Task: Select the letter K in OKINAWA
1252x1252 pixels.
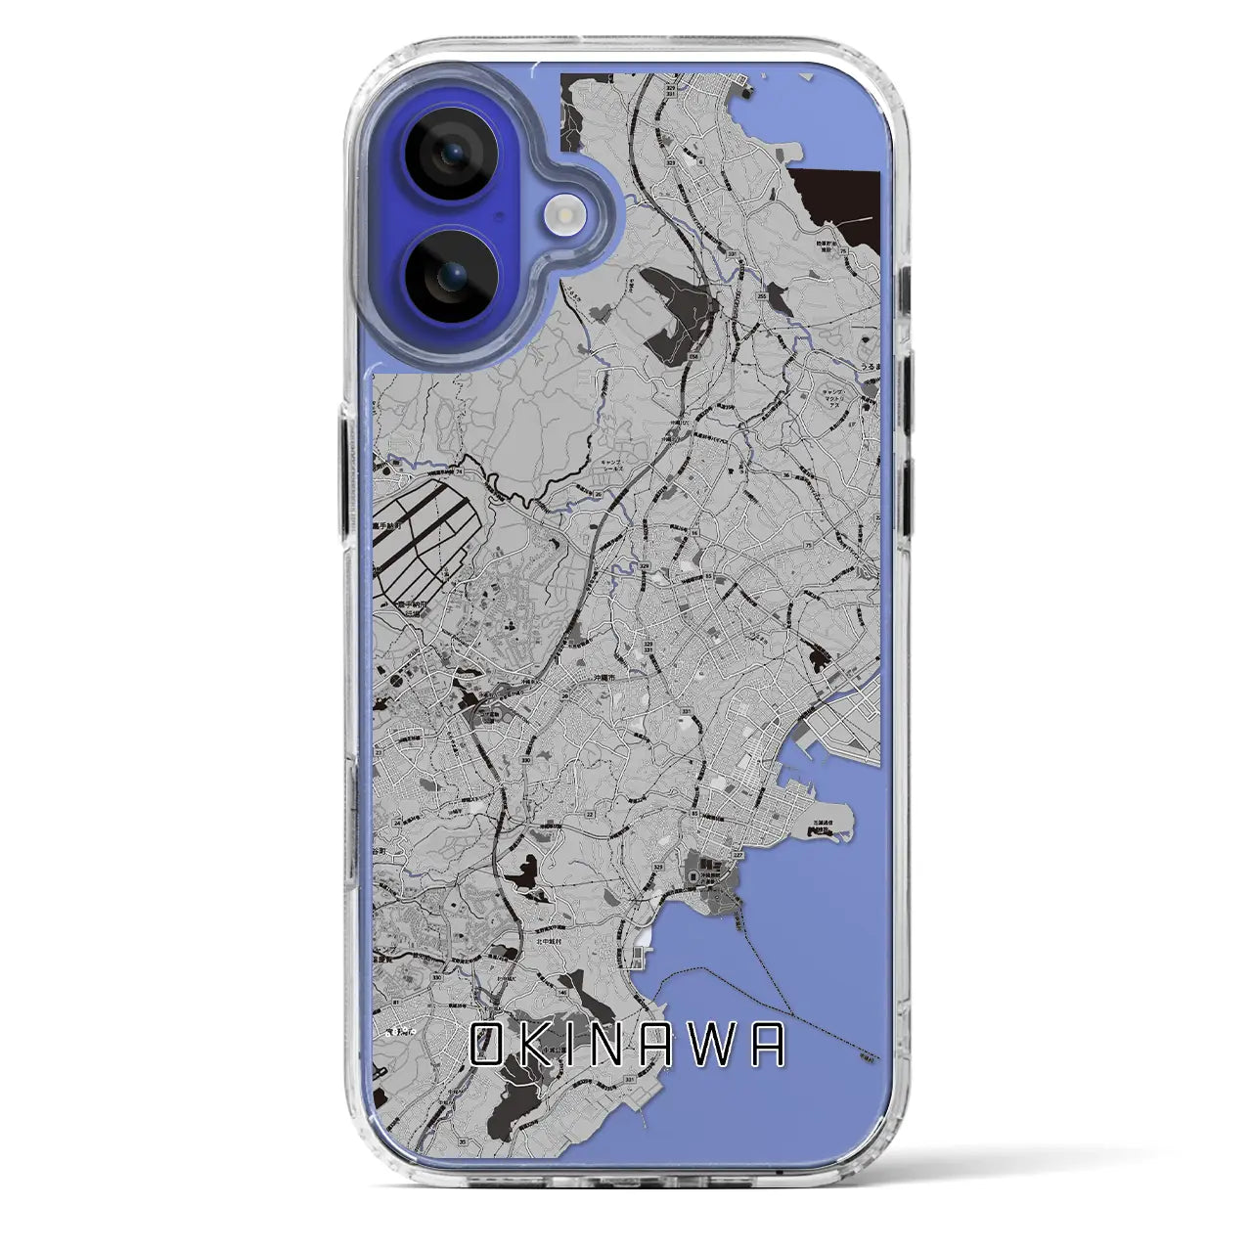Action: click(535, 1046)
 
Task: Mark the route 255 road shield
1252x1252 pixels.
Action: click(761, 294)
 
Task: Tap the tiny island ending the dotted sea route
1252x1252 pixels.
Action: click(864, 1055)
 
